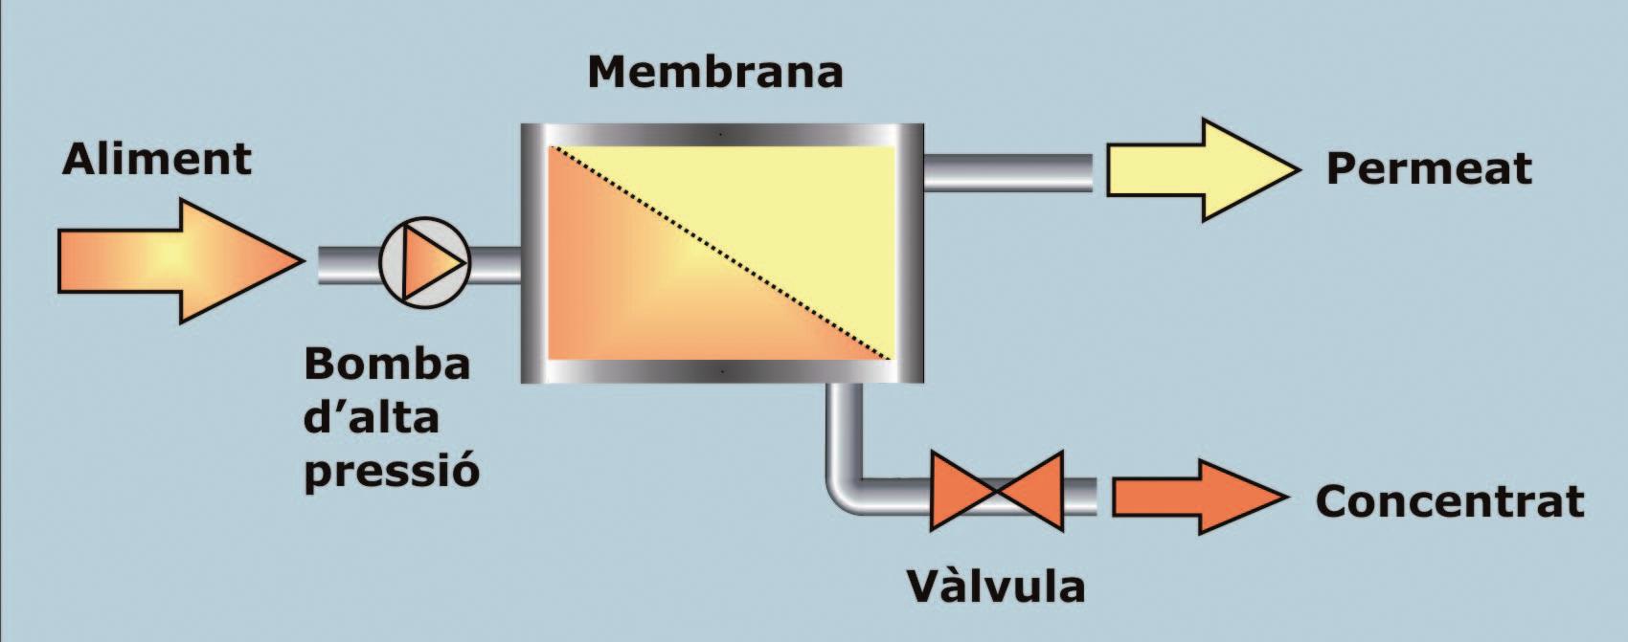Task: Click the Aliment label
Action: [x=157, y=159]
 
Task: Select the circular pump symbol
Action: [x=424, y=262]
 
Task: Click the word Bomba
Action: [x=387, y=365]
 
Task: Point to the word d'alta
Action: [x=371, y=418]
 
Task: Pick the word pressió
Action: [x=391, y=471]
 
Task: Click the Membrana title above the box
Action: [x=714, y=73]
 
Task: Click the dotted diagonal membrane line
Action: [x=720, y=254]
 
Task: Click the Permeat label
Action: [x=1428, y=169]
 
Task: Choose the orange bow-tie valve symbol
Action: [x=997, y=491]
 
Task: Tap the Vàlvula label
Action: [x=995, y=587]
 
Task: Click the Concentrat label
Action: [x=1449, y=501]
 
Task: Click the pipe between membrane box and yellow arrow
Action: [x=1006, y=172]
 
